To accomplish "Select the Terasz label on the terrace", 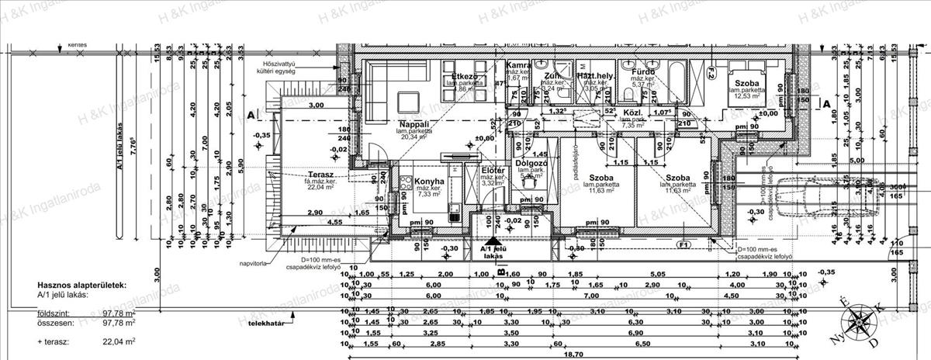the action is pos(320,175).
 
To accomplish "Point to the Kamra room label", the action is pos(517,67).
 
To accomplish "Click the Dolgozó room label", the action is pos(532,164).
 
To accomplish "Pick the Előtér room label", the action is pos(493,170).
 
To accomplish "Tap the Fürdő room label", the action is pos(643,72).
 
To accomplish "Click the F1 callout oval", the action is pos(684,245).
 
